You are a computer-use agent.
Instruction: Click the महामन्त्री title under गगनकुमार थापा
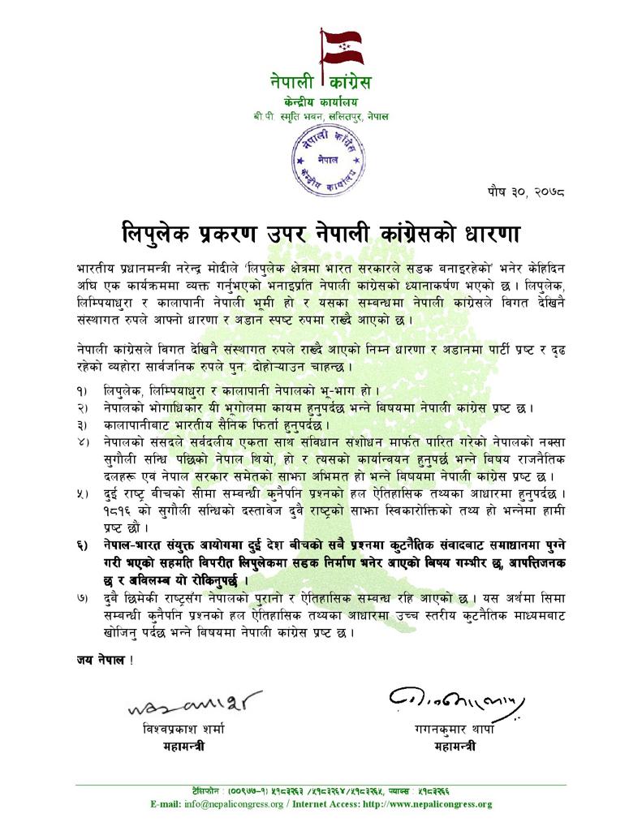point(455,747)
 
